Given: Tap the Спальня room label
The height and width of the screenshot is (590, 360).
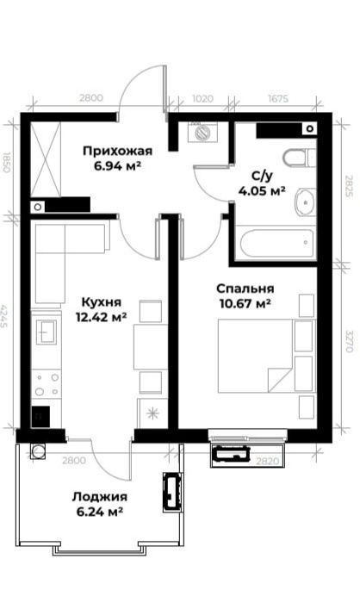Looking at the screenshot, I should [x=245, y=289].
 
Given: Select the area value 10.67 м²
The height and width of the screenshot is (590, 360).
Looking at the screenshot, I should [x=245, y=303].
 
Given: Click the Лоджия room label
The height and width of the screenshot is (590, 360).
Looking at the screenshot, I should [x=100, y=497].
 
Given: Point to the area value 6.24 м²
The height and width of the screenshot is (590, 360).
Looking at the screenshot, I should [x=100, y=512].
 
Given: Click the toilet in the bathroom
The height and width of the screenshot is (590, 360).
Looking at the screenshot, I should [x=300, y=158].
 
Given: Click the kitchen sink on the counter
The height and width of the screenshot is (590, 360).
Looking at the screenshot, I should [x=47, y=331].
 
